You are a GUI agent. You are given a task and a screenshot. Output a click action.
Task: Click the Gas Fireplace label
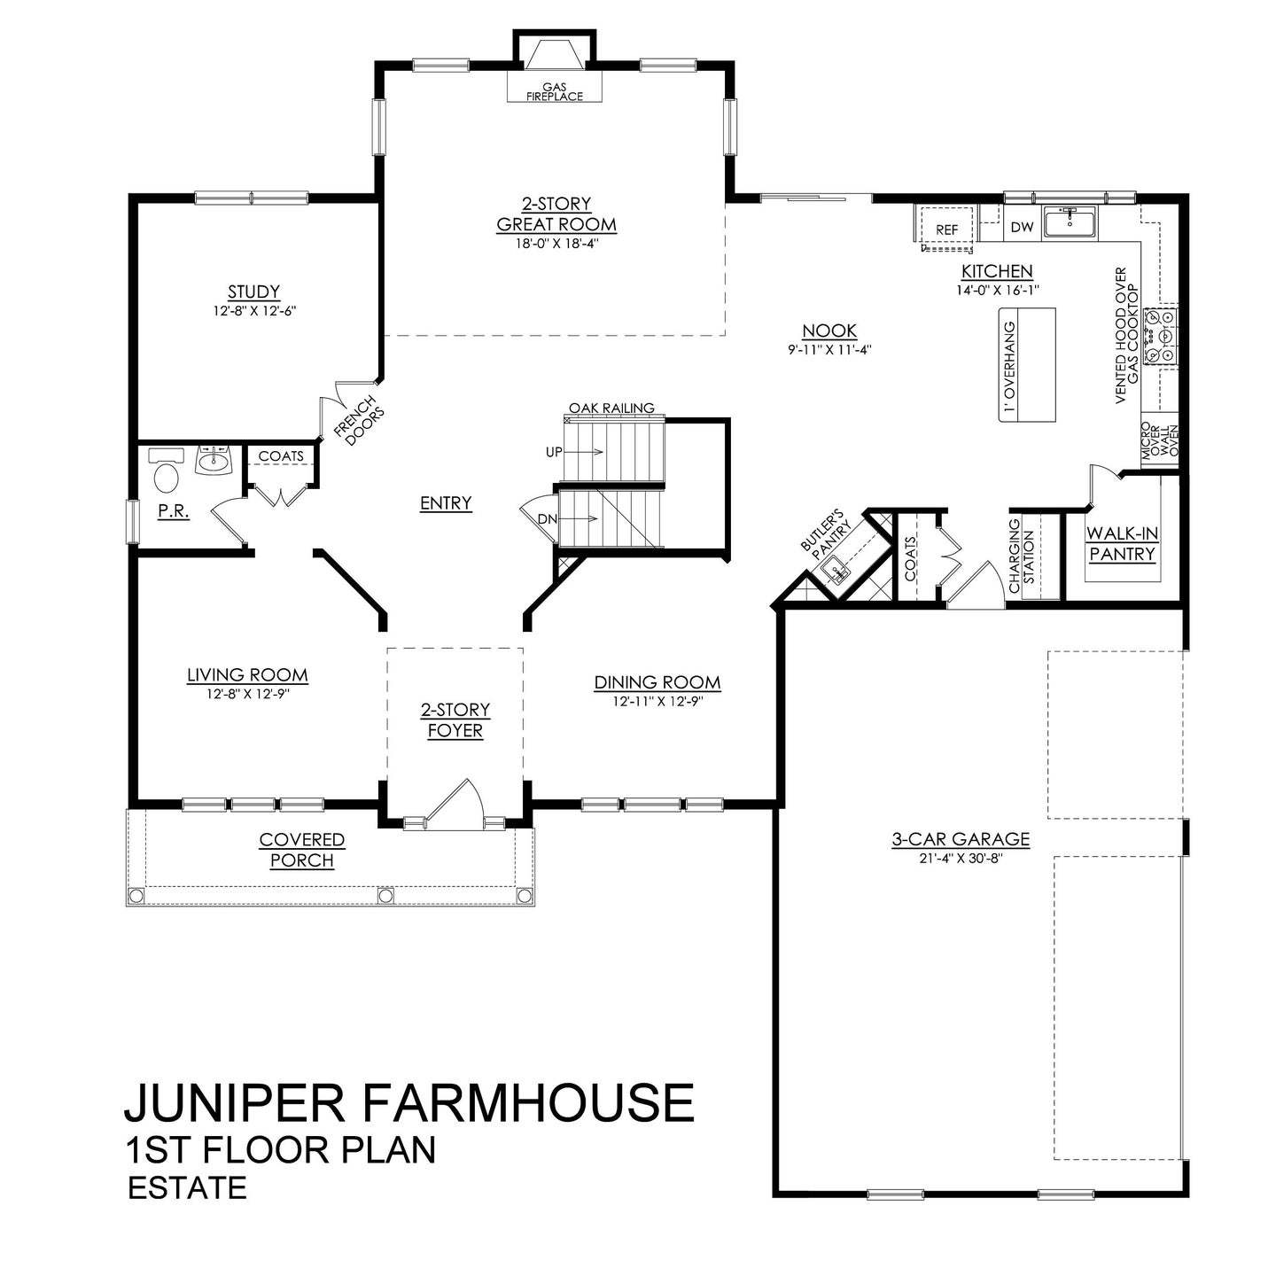point(555,92)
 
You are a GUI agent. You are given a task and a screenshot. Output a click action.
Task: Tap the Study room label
point(253,292)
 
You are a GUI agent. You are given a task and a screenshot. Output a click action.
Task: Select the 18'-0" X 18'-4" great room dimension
point(556,244)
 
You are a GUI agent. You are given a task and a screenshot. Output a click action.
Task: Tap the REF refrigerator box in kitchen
point(946,230)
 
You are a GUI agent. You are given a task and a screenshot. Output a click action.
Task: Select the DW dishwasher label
point(1022,227)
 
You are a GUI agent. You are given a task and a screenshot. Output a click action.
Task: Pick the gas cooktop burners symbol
point(1159,336)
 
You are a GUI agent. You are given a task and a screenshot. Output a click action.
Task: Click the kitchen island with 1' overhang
point(1027,364)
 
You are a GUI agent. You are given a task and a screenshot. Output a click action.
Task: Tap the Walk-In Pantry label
point(1122,544)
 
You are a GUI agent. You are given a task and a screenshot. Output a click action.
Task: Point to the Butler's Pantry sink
point(836,572)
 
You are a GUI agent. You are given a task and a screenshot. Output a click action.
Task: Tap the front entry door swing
point(456,802)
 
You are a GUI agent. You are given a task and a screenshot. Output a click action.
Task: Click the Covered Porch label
point(302,850)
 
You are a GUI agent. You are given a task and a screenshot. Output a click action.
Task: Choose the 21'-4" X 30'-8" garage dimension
point(961,857)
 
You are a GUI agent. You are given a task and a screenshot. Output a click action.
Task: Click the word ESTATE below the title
point(187,1187)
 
